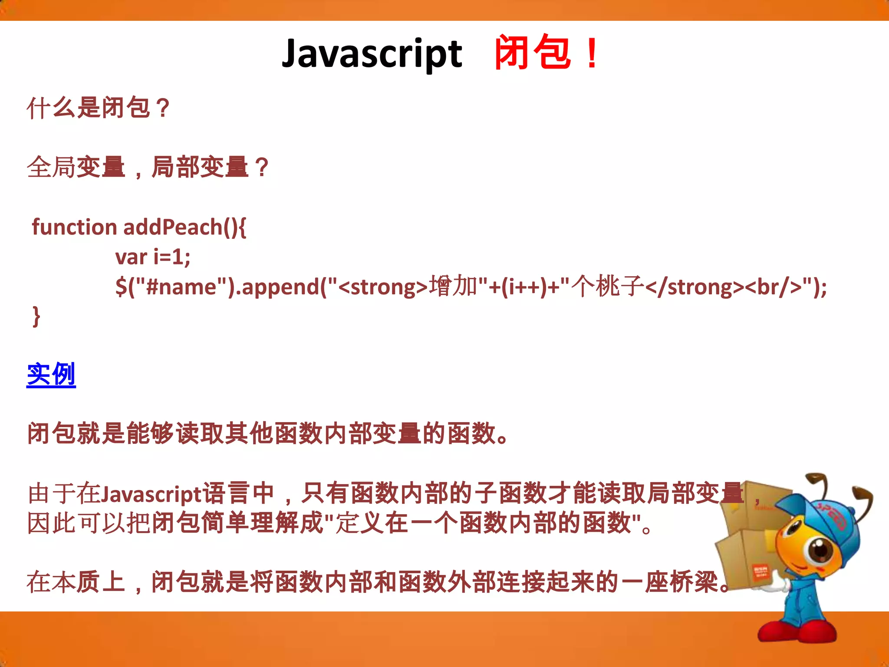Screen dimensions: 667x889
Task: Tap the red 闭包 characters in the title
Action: (x=532, y=53)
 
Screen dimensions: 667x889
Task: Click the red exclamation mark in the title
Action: (x=592, y=54)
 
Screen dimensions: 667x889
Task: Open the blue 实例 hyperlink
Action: (x=51, y=374)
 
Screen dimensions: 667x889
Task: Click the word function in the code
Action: (x=74, y=227)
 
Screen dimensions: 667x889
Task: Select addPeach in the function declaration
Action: (x=173, y=227)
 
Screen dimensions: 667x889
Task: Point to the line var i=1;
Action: (x=153, y=257)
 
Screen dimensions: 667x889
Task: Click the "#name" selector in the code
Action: (x=181, y=287)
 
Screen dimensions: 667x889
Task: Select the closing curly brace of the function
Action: (x=36, y=316)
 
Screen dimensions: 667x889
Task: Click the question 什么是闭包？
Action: (x=98, y=108)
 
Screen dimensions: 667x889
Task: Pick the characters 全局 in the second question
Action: (x=51, y=167)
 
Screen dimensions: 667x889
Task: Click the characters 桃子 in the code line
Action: (x=620, y=287)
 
